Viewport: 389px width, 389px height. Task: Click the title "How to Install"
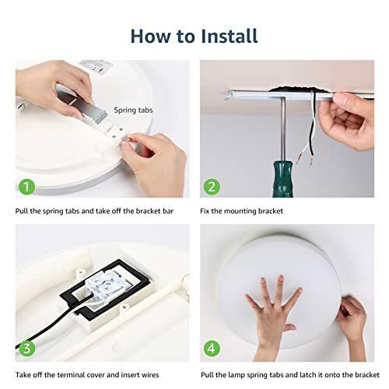tap(194, 36)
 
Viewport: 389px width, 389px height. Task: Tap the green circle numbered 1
tap(28, 187)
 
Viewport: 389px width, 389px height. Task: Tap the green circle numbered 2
tap(210, 187)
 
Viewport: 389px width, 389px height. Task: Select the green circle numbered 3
tap(28, 349)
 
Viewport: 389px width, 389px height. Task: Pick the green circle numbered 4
tap(210, 349)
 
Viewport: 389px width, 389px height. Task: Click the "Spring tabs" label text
tap(134, 110)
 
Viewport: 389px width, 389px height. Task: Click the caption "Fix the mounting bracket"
tap(247, 212)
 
